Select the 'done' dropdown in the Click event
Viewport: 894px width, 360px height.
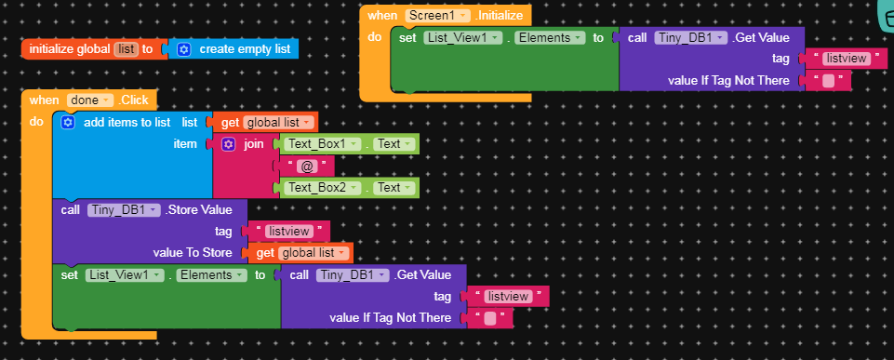coord(89,100)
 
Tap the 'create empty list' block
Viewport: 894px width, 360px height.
coord(245,48)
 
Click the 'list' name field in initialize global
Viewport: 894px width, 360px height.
coord(125,48)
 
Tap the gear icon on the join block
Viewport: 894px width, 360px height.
coord(229,144)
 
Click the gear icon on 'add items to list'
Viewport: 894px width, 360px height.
coord(67,122)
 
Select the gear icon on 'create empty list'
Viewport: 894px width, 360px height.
coord(183,48)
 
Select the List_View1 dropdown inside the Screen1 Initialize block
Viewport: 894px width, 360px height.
coord(462,38)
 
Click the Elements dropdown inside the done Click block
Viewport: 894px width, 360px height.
coord(210,275)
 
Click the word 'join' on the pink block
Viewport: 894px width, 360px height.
coord(254,143)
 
